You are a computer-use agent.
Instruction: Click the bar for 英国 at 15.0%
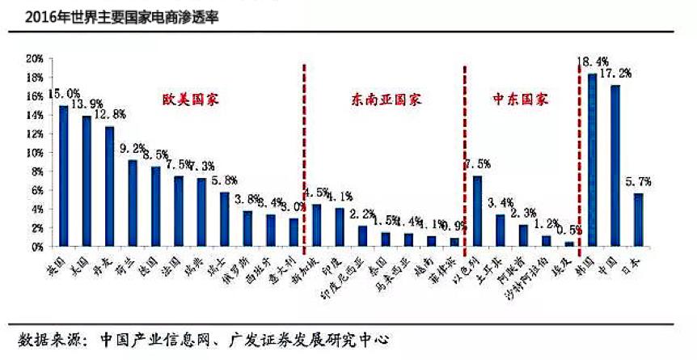[63, 176]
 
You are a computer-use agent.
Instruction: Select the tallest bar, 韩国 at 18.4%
[592, 159]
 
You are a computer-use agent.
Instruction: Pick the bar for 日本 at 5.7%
[638, 219]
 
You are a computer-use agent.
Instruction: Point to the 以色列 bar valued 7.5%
[477, 210]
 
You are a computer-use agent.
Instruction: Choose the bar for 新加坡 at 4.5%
[316, 225]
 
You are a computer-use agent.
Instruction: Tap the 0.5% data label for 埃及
[571, 229]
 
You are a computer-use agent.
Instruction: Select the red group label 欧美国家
[188, 100]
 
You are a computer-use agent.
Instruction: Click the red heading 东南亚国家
[387, 100]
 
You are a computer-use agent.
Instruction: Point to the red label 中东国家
[520, 100]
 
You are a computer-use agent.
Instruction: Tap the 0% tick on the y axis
[36, 246]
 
